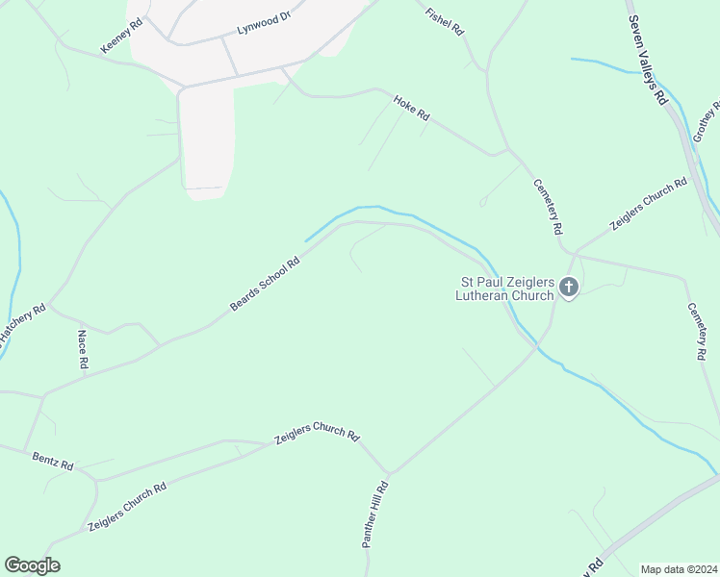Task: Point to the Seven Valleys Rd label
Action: coord(647,60)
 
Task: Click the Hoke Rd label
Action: coord(411,107)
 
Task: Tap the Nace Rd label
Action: coord(83,350)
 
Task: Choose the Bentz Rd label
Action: coord(53,460)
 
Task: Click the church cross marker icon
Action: coord(569,287)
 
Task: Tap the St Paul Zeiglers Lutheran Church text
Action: coord(505,288)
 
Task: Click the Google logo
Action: coord(32,565)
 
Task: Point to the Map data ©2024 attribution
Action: coord(679,569)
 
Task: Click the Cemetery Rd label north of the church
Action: coord(549,208)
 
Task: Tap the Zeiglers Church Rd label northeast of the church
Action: coord(648,204)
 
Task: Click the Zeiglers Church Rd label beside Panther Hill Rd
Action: coord(317,436)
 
